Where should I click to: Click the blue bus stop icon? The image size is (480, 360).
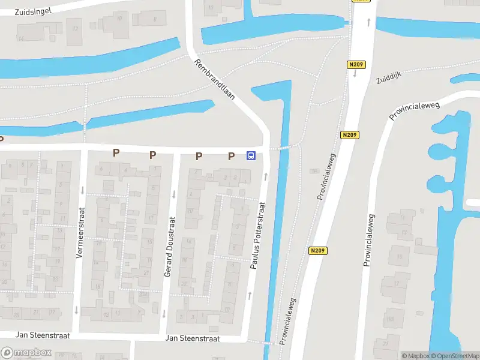251,156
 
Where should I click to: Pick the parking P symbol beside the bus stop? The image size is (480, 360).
231,156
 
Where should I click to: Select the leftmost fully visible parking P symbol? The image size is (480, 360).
116,153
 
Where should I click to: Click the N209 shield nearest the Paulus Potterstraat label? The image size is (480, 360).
318,251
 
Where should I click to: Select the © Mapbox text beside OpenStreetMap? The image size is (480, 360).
415,356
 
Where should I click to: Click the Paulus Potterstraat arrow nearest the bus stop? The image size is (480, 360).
266,176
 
